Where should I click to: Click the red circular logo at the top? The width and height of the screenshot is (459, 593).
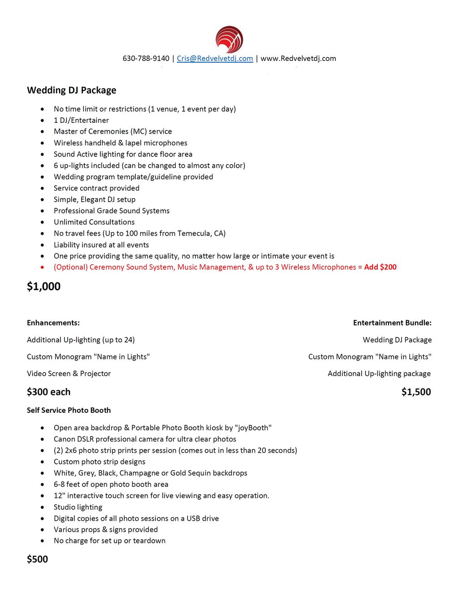[229, 39]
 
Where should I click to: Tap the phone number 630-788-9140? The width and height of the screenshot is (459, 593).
[146, 58]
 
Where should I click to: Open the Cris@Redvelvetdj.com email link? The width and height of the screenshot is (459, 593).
[215, 58]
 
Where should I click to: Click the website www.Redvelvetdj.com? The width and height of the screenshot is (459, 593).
[298, 58]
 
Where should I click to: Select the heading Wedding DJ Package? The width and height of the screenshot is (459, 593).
[71, 90]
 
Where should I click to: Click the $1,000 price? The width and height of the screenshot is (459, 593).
[43, 286]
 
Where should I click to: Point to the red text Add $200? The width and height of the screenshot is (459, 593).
[380, 267]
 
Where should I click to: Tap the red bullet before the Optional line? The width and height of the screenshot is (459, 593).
[42, 267]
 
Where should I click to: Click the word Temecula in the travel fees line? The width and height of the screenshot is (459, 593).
[195, 233]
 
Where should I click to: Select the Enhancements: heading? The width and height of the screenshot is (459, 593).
[53, 323]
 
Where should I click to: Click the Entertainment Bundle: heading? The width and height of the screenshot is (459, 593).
[392, 323]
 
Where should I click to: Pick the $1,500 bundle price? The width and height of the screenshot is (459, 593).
[416, 392]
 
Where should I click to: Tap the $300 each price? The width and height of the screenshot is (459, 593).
[48, 392]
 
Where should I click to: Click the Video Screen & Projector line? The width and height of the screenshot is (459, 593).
[69, 373]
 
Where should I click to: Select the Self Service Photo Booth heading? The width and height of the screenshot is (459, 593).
[69, 410]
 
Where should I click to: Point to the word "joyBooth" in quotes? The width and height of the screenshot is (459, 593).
[253, 428]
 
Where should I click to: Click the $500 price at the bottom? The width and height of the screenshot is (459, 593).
[37, 559]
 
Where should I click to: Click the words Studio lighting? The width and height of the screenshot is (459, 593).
[78, 507]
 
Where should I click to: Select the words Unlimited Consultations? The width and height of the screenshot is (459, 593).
[94, 222]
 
